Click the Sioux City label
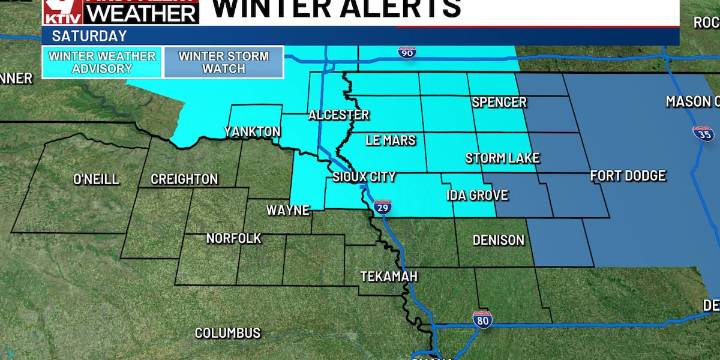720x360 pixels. (364, 178)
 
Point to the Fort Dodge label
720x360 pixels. (628, 176)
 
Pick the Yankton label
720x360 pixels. (252, 132)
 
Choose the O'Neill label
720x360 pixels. (96, 179)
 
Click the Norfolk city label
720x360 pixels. (234, 238)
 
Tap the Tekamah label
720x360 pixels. (389, 276)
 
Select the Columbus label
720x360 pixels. (227, 333)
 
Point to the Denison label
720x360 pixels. (498, 240)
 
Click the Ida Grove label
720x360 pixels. (477, 194)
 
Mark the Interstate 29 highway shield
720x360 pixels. (383, 207)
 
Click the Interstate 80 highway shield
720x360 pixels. (482, 319)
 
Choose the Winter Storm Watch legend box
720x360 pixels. (224, 62)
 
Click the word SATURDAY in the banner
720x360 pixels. (77, 34)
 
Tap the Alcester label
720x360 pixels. (338, 115)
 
